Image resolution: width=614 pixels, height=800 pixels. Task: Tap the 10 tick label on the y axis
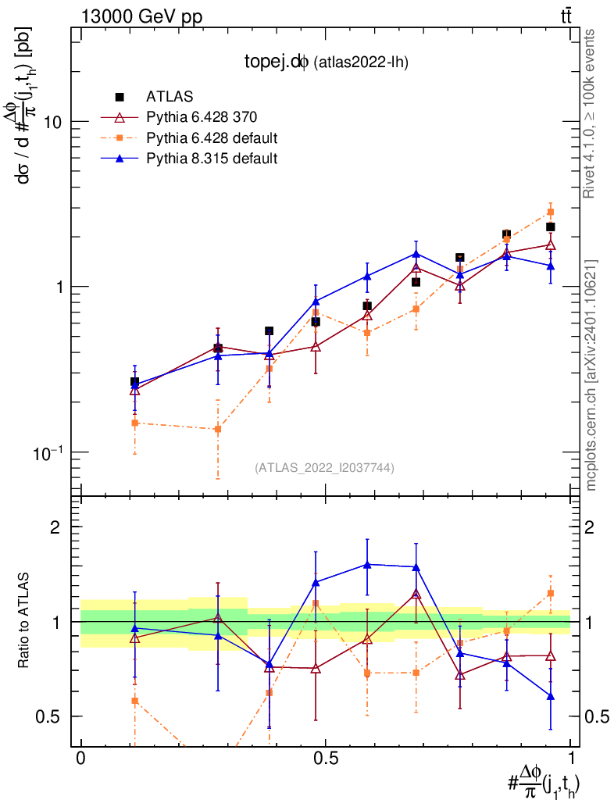(x=52, y=122)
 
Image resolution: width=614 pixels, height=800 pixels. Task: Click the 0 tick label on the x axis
(x=81, y=759)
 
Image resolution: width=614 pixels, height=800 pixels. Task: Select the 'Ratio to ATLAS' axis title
(x=24, y=621)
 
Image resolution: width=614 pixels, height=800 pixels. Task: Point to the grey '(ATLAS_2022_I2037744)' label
(x=324, y=468)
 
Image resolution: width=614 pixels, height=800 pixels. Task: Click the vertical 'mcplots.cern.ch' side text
(x=592, y=375)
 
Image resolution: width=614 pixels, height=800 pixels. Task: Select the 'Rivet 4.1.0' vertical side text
(x=592, y=113)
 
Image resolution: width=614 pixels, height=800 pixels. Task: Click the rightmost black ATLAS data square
(x=551, y=227)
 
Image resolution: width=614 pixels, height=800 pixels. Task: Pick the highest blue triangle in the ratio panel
(x=366, y=564)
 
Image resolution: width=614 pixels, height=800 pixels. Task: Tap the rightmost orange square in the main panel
(x=551, y=212)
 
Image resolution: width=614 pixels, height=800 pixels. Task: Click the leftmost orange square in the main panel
(x=134, y=423)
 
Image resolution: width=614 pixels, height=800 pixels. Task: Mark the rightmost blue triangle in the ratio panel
(x=551, y=696)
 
